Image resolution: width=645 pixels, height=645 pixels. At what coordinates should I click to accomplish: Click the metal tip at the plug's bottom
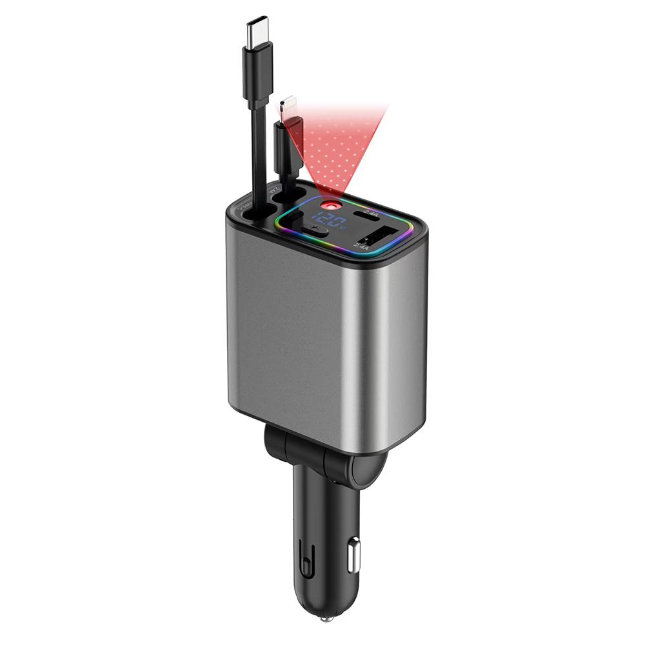click(322, 619)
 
